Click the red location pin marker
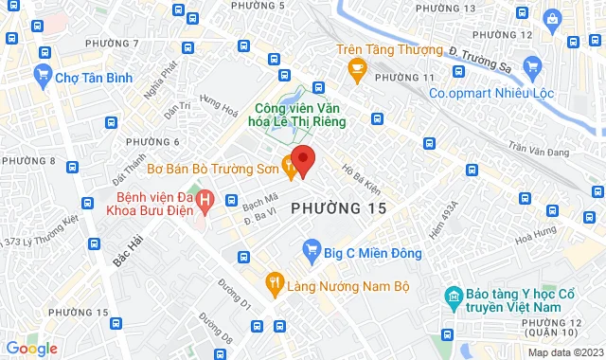coord(302,160)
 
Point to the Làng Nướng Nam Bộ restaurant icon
coord(275,281)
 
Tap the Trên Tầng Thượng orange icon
coord(357,66)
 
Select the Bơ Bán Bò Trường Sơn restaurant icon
coord(290,170)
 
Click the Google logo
coord(31,349)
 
